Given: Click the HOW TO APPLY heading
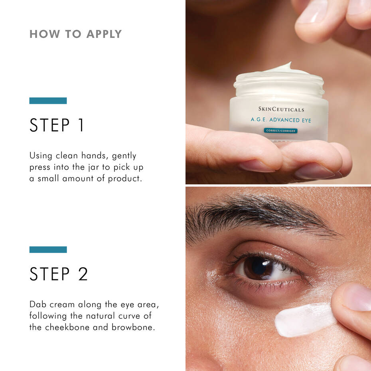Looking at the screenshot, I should click(75, 34).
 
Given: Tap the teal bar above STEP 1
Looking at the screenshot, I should click(48, 101).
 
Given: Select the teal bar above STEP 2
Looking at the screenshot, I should click(48, 249).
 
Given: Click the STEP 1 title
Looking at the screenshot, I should click(57, 125).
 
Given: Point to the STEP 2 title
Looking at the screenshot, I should click(59, 274).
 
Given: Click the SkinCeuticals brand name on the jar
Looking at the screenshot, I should click(281, 109).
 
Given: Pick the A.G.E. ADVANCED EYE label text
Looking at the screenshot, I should click(281, 120).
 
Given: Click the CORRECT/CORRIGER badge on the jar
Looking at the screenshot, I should click(280, 130).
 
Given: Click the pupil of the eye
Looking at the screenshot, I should click(259, 267).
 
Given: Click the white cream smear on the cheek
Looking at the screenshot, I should click(305, 319).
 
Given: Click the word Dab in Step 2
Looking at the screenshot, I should click(38, 304).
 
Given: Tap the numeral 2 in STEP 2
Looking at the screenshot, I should click(83, 274).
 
